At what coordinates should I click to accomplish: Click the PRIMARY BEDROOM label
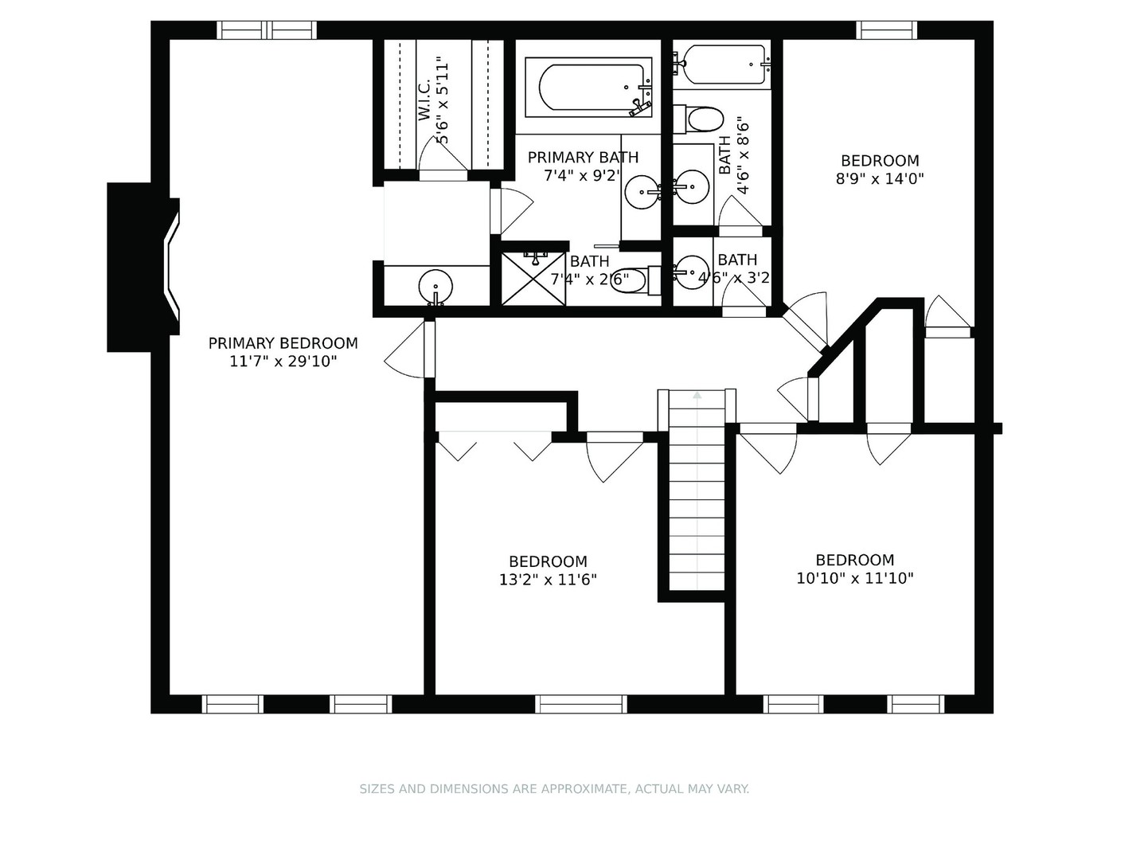(x=283, y=343)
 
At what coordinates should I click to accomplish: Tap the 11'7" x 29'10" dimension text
(x=283, y=362)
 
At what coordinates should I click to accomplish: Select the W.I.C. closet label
(x=424, y=100)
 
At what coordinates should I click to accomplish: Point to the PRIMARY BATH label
(x=583, y=158)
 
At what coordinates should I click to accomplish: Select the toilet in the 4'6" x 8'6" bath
(x=701, y=120)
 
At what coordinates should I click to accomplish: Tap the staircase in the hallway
(x=697, y=494)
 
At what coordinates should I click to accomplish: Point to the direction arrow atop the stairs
(x=697, y=394)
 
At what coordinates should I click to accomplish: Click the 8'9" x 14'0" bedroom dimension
(x=880, y=179)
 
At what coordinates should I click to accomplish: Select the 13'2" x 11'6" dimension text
(x=548, y=580)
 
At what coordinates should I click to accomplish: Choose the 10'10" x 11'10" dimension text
(x=854, y=578)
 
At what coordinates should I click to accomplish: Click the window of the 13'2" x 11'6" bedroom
(x=580, y=704)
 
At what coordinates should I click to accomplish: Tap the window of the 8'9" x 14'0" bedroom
(x=886, y=30)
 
